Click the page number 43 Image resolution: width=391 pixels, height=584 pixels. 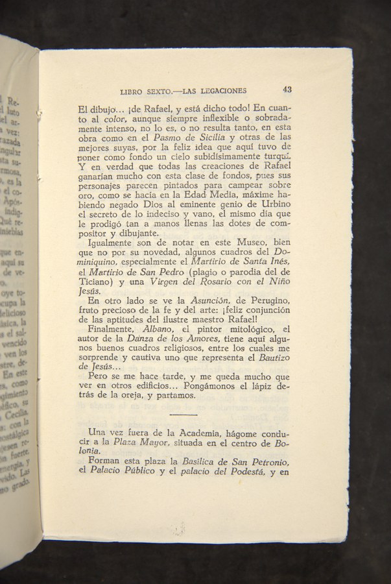pos(287,90)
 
